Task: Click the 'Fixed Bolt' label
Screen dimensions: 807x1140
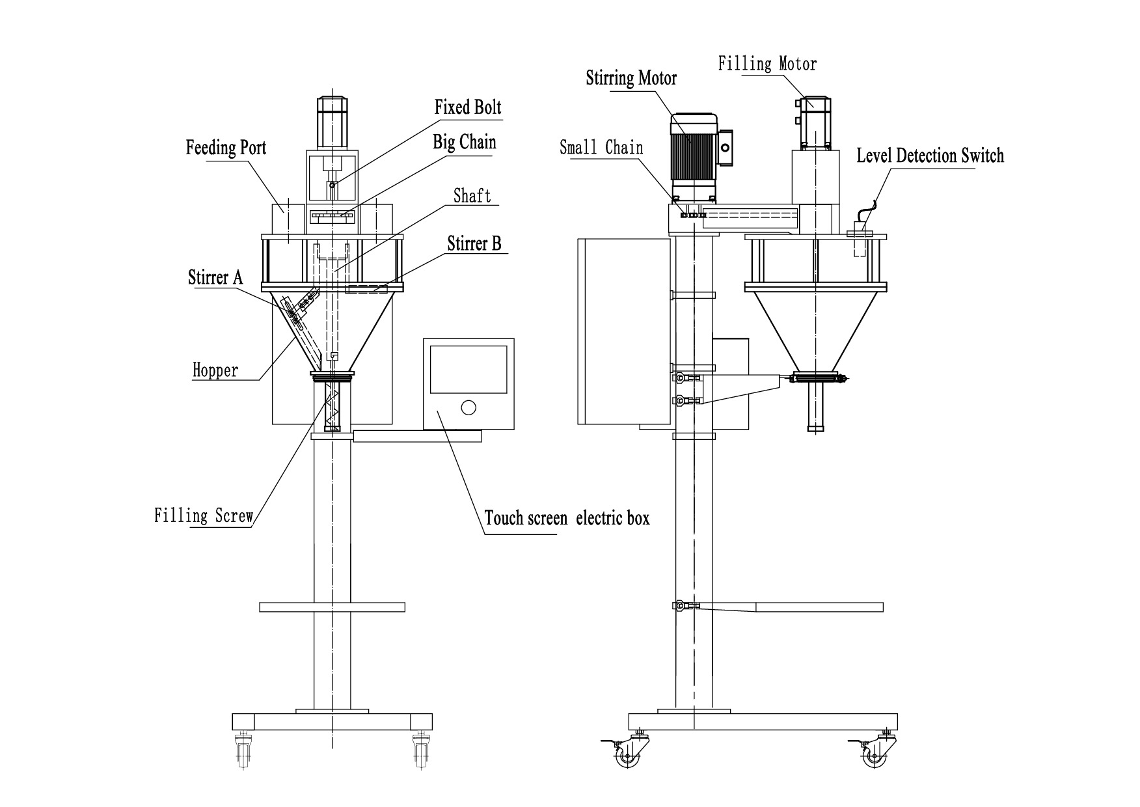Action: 468,107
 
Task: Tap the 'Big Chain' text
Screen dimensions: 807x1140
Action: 464,142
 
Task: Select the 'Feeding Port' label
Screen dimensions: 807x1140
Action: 226,147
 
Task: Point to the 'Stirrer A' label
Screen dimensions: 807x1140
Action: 215,277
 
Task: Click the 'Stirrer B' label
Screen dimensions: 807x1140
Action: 474,243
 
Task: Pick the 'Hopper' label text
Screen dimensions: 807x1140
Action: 215,370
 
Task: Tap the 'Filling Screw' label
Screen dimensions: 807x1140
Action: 204,516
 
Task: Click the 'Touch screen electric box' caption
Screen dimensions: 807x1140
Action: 567,518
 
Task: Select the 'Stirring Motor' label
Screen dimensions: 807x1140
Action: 631,78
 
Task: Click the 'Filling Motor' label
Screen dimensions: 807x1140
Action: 767,64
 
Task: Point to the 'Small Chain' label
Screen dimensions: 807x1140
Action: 601,147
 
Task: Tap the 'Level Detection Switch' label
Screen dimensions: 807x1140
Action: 929,156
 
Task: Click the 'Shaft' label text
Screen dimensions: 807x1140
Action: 472,196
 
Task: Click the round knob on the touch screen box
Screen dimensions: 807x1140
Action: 468,408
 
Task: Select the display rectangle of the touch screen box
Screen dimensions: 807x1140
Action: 468,368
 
